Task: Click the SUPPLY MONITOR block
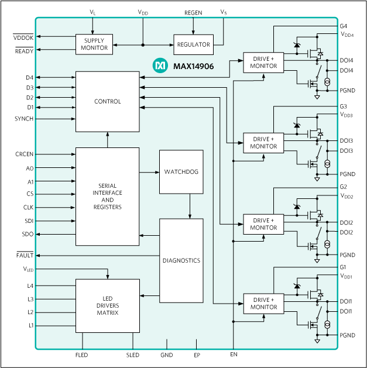point(94,44)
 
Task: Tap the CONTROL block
point(108,102)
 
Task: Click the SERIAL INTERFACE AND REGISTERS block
point(108,197)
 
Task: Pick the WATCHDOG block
point(181,172)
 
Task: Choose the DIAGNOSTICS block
point(181,260)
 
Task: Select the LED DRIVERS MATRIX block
point(108,305)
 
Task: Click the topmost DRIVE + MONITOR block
point(263,63)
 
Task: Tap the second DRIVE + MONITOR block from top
point(263,143)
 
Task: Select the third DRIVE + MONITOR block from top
point(263,224)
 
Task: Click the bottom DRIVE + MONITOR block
point(263,303)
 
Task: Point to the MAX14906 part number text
point(193,67)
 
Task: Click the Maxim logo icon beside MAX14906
point(160,66)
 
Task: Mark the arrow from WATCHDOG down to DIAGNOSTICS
point(189,206)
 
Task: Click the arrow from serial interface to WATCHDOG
point(149,172)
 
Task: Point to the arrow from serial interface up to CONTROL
point(108,140)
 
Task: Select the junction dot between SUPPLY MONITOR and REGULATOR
point(143,44)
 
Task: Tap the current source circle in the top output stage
point(327,82)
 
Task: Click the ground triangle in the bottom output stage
point(317,340)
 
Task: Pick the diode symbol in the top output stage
point(297,45)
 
